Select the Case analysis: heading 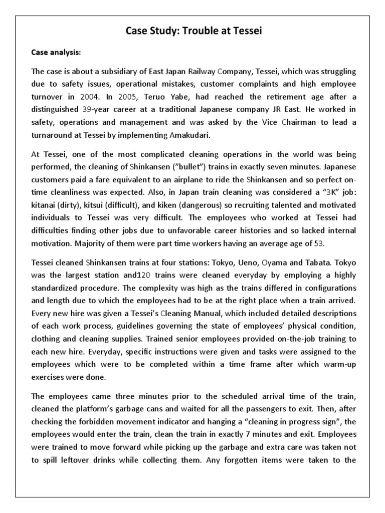[x=53, y=52]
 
